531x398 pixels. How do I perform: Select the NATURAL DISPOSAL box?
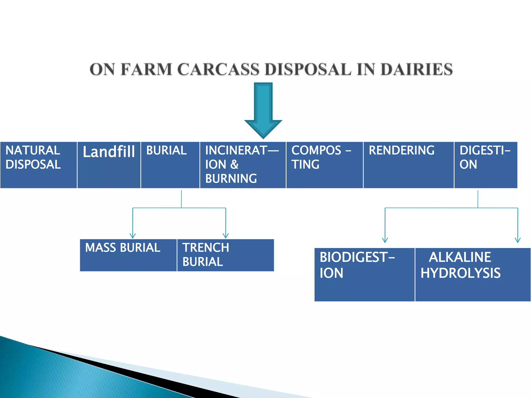[38, 165]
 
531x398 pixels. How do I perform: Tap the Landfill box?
[109, 165]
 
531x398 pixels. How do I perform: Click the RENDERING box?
[408, 165]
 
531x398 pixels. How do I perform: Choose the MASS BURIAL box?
[128, 255]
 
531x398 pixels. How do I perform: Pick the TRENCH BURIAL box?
[225, 255]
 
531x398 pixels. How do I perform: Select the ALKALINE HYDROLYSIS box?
[473, 274]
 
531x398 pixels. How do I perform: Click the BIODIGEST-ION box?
[364, 274]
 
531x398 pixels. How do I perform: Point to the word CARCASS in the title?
[218, 69]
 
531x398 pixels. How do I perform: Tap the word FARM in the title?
[146, 69]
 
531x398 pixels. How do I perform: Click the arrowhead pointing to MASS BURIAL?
[133, 236]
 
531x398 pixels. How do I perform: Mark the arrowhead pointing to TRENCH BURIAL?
[226, 236]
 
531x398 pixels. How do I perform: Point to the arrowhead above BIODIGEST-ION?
[385, 240]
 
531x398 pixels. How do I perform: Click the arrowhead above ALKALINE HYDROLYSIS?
[518, 240]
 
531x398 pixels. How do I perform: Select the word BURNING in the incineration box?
[231, 179]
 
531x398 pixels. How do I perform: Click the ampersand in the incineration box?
[234, 165]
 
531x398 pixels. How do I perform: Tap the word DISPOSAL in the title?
[308, 69]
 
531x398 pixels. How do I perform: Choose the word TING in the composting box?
[305, 165]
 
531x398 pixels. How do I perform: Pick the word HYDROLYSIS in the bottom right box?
[460, 273]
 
